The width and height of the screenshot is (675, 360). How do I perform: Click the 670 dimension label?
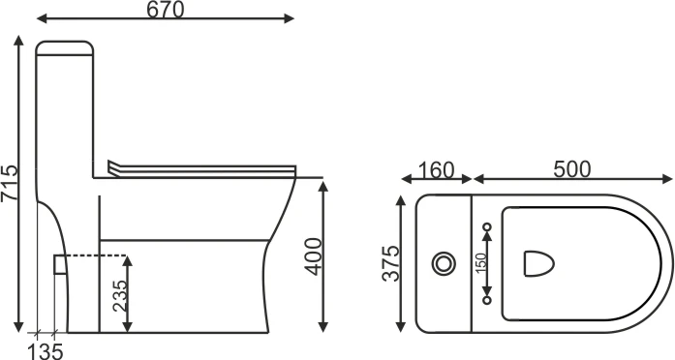tap(166, 10)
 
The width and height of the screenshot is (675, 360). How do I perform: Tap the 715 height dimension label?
tap(10, 182)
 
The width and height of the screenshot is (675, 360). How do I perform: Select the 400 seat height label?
tap(314, 256)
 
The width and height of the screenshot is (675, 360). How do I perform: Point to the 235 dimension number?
tap(120, 295)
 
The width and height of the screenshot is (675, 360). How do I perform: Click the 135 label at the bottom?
tap(46, 351)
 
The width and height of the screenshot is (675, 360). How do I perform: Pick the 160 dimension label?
tap(436, 170)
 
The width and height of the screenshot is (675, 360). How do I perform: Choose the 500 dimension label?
tap(571, 169)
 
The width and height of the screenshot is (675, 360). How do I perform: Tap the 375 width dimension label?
tap(391, 263)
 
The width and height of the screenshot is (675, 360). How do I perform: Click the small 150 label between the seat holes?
tap(481, 263)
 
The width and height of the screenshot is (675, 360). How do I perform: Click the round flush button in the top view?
tap(444, 263)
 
